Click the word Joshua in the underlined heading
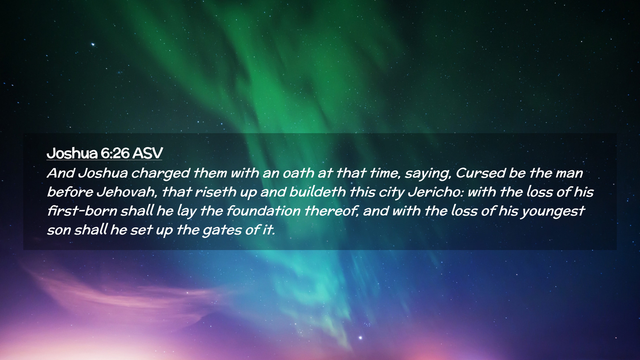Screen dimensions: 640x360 tap(72, 153)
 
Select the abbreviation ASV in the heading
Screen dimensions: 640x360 tap(147, 153)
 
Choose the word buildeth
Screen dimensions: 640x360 tap(318, 192)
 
